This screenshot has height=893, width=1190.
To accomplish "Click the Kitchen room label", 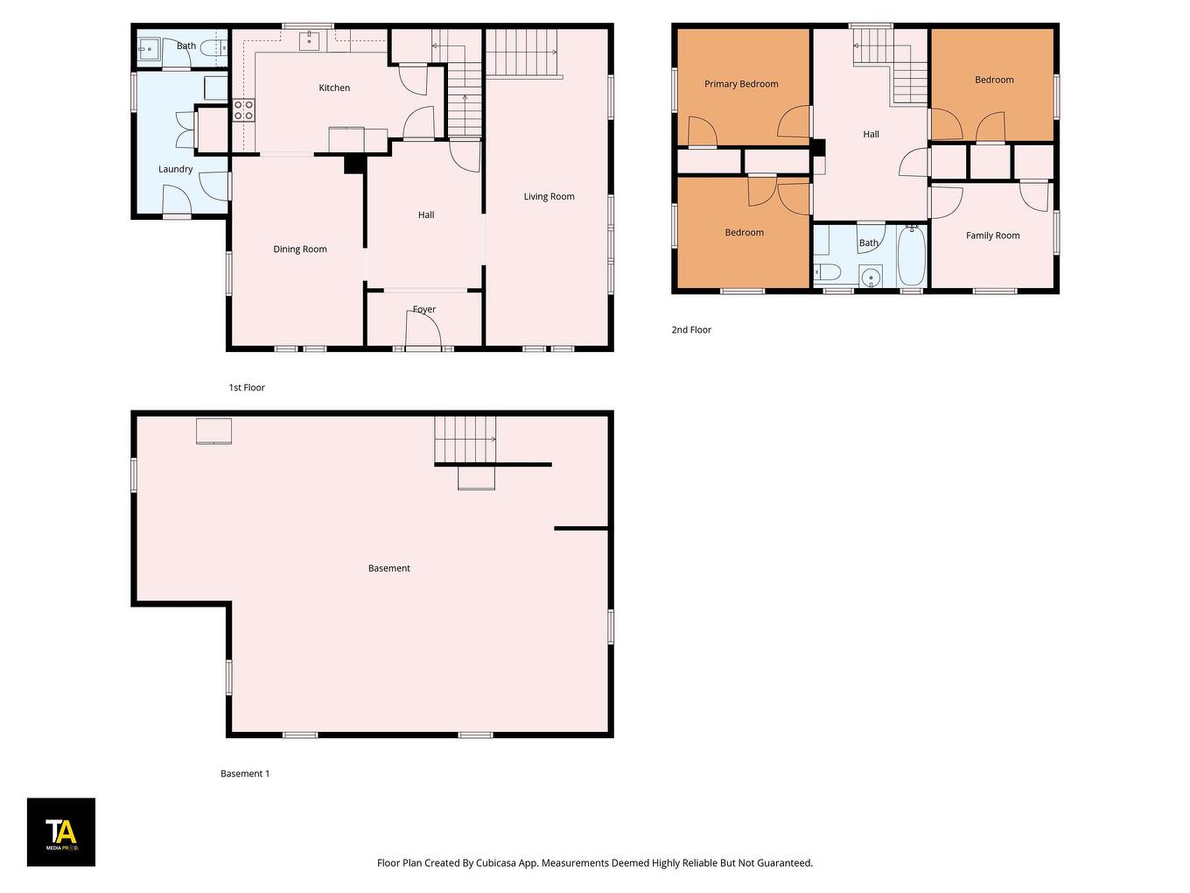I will pos(334,88).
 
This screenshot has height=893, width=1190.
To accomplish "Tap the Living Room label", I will pos(549,196).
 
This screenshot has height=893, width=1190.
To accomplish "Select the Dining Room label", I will pos(299,250).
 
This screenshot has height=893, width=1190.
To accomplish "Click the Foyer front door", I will pos(423,333).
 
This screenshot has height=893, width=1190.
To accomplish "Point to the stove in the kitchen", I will pos(244,110).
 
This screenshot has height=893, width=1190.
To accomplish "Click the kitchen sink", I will pos(309,40).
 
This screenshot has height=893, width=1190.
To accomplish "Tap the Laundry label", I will pos(175,169).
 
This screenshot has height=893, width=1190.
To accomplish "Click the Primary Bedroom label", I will pos(741,84).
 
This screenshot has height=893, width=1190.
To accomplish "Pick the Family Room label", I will pos(992,236).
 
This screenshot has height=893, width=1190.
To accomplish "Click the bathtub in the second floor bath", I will pos(911,256).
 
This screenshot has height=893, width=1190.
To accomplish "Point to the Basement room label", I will pos(388,568).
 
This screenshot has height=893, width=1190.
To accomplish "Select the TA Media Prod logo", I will pos(61,832).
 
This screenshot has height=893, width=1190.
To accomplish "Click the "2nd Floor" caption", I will pos(691,330).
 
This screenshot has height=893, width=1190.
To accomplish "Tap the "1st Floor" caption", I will pos(247,388).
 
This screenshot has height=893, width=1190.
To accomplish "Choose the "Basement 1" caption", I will pos(245,774).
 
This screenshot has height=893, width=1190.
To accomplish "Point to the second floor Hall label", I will pos(871,134).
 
